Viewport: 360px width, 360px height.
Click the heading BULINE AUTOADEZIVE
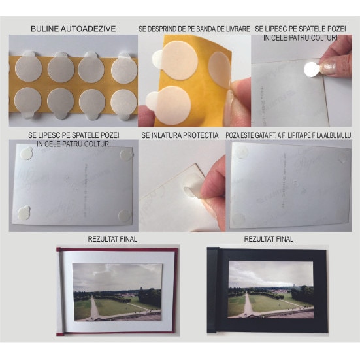(73, 29)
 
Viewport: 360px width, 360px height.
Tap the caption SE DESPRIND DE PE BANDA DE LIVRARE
(194, 29)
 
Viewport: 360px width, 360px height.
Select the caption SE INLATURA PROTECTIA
(180, 135)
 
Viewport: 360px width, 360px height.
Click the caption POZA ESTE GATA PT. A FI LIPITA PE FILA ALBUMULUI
(289, 135)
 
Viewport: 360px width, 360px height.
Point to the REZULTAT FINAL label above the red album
(112, 239)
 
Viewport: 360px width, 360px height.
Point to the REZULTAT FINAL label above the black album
(269, 239)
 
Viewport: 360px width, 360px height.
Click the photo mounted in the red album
(118, 292)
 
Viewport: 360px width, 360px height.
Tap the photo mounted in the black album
(271, 289)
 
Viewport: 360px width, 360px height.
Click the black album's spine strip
(212, 290)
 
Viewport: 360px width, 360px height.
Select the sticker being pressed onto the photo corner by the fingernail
(312, 69)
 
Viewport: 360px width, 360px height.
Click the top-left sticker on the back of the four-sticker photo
(26, 153)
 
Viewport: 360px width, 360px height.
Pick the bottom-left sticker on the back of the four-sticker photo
(24, 212)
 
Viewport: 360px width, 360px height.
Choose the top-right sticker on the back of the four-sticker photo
(127, 154)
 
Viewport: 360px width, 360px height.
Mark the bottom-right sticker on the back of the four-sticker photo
(125, 216)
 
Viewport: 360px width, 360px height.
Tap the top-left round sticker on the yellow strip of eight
(28, 67)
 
